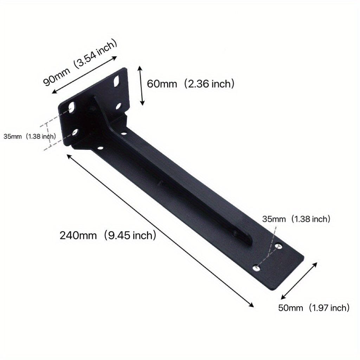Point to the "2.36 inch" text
click(211, 84)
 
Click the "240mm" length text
click(78, 235)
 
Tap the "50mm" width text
click(290, 308)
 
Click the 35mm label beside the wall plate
click(12, 136)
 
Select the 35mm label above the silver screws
click(274, 219)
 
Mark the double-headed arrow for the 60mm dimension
click(141, 85)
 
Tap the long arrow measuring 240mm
click(160, 231)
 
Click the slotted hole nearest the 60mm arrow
click(116, 82)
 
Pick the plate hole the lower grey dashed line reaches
click(75, 132)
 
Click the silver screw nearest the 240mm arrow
click(257, 269)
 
